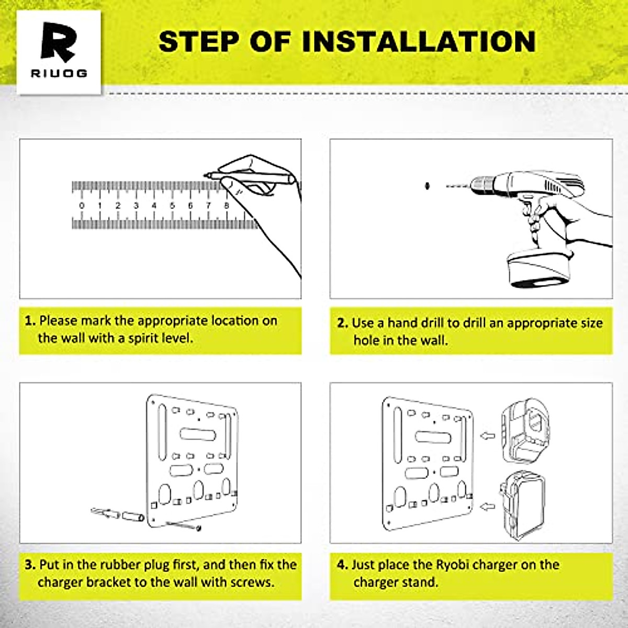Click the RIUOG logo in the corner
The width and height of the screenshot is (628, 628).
(59, 51)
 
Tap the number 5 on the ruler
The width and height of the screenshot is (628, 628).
(172, 206)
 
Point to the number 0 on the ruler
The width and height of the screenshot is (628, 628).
(82, 206)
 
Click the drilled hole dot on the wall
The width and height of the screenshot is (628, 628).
(427, 185)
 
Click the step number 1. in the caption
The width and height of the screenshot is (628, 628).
(30, 321)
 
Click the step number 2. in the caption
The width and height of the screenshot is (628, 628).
(342, 323)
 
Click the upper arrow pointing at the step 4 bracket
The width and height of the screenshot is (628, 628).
(487, 435)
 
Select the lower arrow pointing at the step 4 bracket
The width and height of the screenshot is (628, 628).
(487, 506)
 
